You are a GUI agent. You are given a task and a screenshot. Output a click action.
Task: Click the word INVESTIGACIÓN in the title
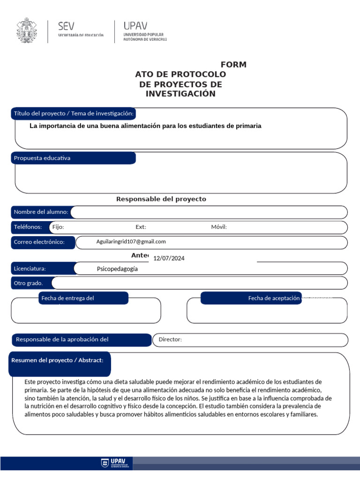[180, 94]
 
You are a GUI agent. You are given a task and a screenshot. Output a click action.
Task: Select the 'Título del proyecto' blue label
[74, 113]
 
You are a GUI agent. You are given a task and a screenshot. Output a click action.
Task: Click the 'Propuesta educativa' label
[42, 158]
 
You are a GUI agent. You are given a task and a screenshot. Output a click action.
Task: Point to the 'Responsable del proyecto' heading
[161, 199]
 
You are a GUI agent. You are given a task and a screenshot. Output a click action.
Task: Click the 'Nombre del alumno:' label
[41, 212]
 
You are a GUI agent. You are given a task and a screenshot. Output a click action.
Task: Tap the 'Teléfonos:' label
[28, 227]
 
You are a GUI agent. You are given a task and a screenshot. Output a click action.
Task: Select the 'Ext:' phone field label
[141, 227]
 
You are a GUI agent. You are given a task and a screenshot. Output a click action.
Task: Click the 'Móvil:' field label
[219, 227]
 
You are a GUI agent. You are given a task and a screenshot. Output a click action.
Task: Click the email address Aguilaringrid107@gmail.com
[131, 241]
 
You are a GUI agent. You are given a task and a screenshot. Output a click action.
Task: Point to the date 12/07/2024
[169, 258]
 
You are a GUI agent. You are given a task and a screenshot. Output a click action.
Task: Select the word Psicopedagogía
[117, 269]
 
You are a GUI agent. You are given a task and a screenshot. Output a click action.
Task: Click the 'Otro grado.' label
[28, 283]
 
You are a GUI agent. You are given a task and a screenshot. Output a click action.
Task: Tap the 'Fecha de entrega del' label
[68, 298]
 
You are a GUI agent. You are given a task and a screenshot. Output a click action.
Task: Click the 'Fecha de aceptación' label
[273, 298]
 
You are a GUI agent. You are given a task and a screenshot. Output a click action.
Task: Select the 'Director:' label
[170, 339]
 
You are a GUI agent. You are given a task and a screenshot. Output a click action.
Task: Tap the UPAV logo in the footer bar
[116, 464]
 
